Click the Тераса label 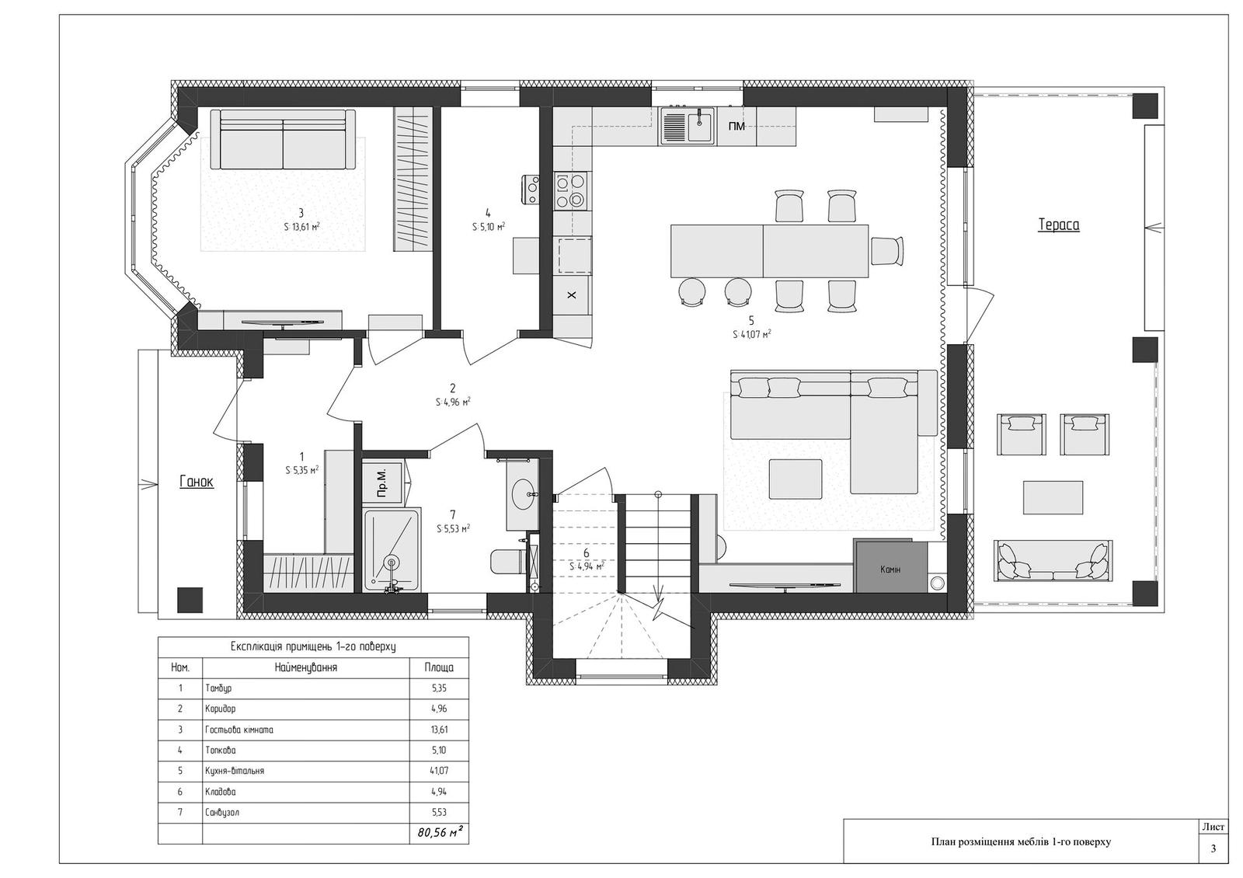[x=1059, y=225]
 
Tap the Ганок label [x=197, y=482]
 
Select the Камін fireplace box [x=890, y=567]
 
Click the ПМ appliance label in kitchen [x=736, y=127]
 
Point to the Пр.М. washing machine [x=381, y=482]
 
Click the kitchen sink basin [x=702, y=127]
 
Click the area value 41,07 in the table [x=440, y=771]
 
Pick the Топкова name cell [x=221, y=751]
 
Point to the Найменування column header [x=306, y=667]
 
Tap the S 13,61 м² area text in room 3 [x=301, y=227]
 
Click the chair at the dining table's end [x=886, y=251]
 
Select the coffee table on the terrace [x=1053, y=498]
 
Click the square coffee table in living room [x=796, y=479]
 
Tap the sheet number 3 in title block [x=1213, y=848]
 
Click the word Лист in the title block [x=1213, y=827]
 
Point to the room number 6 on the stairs [x=586, y=553]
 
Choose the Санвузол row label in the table [x=222, y=813]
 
